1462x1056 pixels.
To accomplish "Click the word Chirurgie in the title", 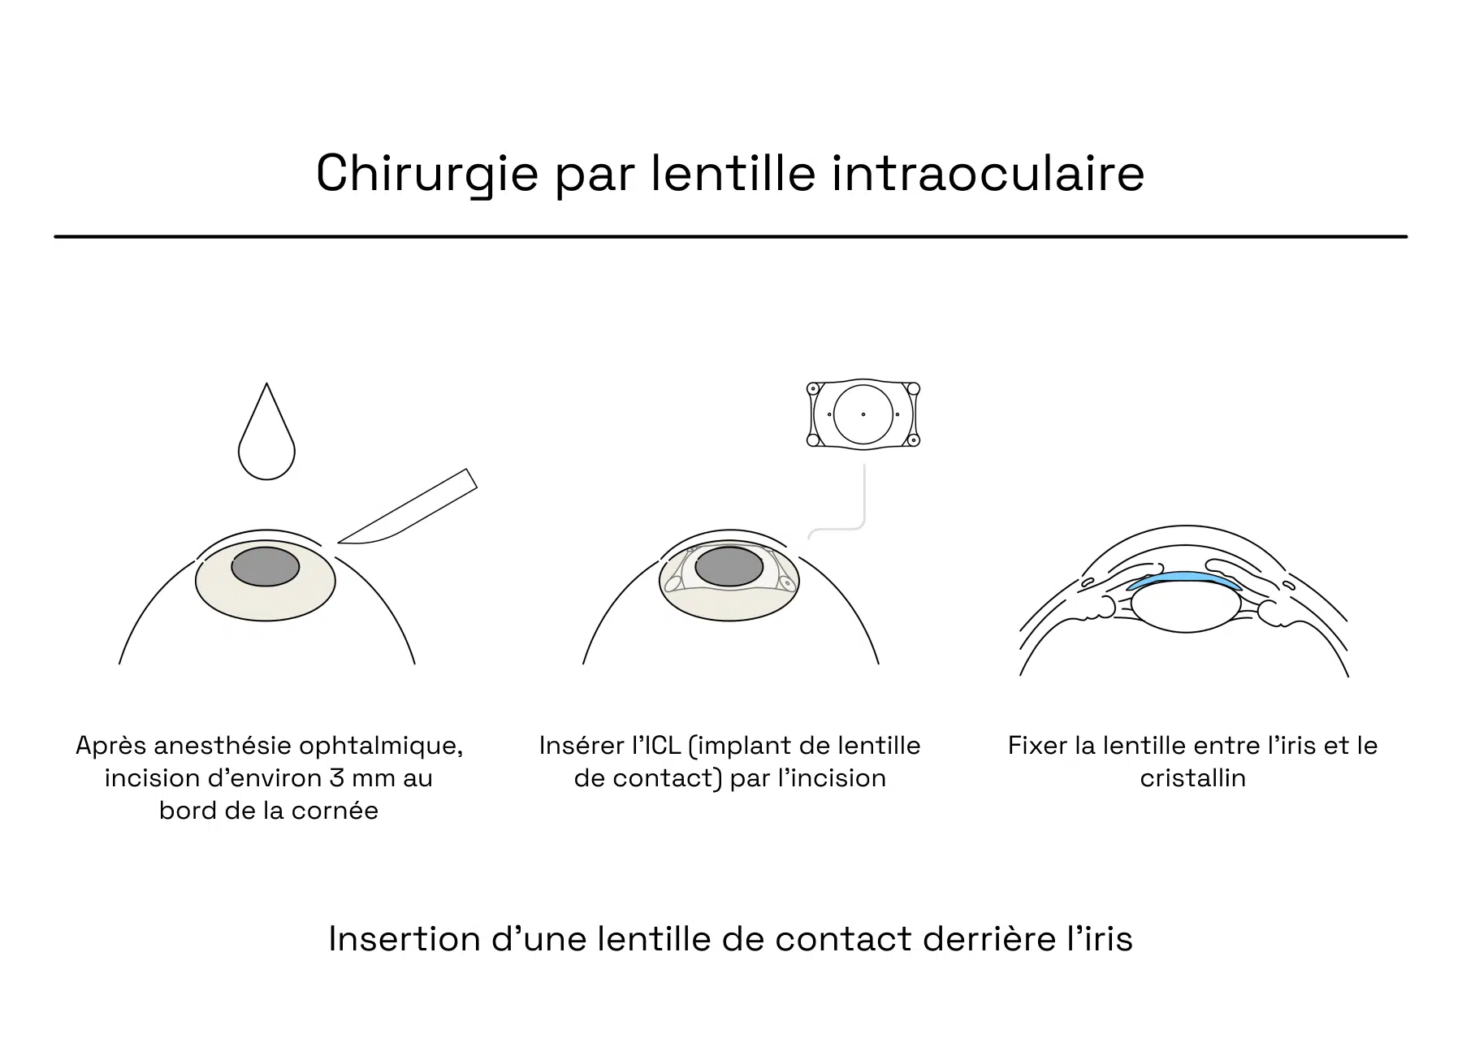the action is (x=427, y=174).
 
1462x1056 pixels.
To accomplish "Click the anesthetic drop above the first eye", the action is (x=266, y=431).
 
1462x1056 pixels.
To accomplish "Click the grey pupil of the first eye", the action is (x=266, y=566).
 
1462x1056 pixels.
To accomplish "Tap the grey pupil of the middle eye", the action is (x=729, y=566).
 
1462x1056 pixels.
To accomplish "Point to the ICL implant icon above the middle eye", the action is (x=863, y=414).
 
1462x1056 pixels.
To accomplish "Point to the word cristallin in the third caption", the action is (x=1192, y=778).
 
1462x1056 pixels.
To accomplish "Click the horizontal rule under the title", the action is (x=730, y=236).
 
